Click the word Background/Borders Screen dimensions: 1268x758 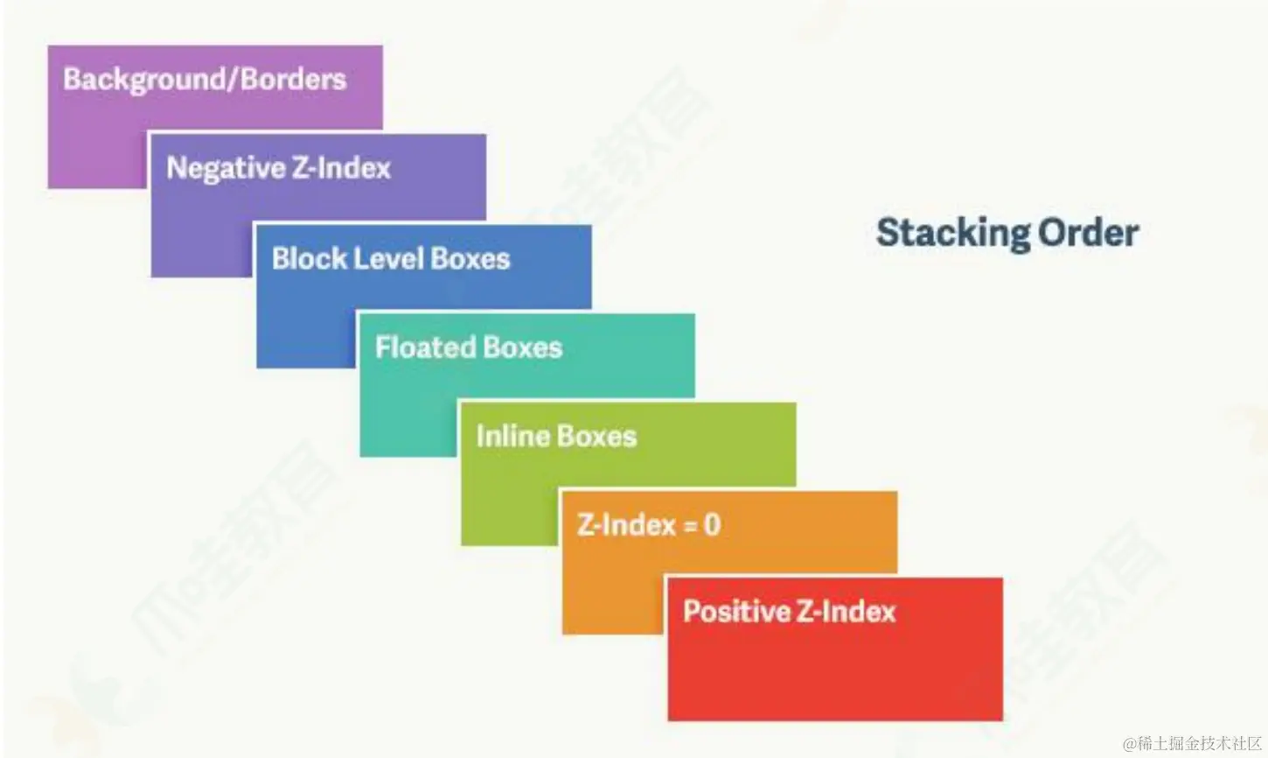tap(205, 80)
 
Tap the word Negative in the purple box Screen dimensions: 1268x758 tap(226, 168)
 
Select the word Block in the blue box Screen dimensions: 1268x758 tap(309, 258)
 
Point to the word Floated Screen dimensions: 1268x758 tap(425, 347)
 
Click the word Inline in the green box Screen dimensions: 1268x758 tap(512, 436)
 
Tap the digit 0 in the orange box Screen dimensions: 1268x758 tap(712, 524)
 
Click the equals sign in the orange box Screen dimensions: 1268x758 tap(690, 526)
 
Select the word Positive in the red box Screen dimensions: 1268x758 tap(737, 611)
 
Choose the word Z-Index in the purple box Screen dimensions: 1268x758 tap(341, 168)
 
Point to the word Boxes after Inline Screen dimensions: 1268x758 tap(596, 436)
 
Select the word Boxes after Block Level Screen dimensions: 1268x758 tap(470, 258)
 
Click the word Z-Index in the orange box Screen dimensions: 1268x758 tap(627, 524)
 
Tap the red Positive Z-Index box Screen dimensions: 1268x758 tap(835, 649)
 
